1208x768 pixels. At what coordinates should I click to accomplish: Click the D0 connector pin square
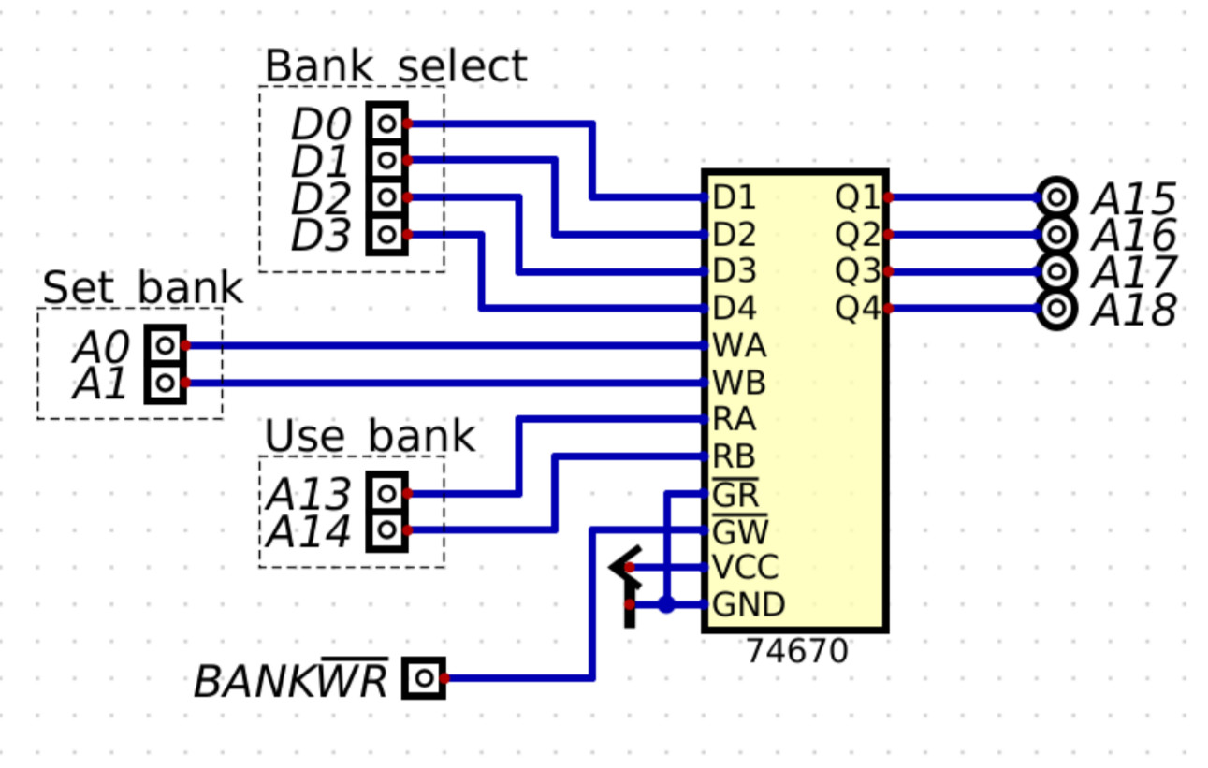(x=386, y=123)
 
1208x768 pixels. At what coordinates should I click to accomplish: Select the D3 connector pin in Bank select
(x=386, y=234)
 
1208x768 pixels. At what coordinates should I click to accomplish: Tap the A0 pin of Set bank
(x=166, y=345)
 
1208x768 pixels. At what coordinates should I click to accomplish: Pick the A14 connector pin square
(x=386, y=531)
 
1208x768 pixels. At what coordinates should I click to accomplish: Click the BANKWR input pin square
(x=424, y=678)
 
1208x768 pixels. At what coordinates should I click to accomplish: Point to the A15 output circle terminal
(x=1057, y=197)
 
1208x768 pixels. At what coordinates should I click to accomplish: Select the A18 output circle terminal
(x=1057, y=309)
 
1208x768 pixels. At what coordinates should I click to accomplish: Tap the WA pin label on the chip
(x=739, y=346)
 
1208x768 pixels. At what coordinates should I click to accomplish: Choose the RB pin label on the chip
(x=735, y=457)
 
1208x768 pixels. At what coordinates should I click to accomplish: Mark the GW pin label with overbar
(x=740, y=531)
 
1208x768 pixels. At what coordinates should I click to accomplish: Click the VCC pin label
(x=745, y=568)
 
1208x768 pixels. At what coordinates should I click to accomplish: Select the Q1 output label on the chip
(x=858, y=198)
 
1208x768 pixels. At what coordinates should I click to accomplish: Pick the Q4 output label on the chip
(x=858, y=309)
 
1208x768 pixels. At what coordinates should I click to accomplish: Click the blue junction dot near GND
(x=666, y=605)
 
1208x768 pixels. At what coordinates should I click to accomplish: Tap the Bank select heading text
(x=396, y=66)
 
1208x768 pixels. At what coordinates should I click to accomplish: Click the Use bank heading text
(x=370, y=437)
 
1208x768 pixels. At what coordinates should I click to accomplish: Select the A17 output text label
(x=1133, y=272)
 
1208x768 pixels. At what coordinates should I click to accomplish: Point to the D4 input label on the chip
(x=735, y=309)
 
